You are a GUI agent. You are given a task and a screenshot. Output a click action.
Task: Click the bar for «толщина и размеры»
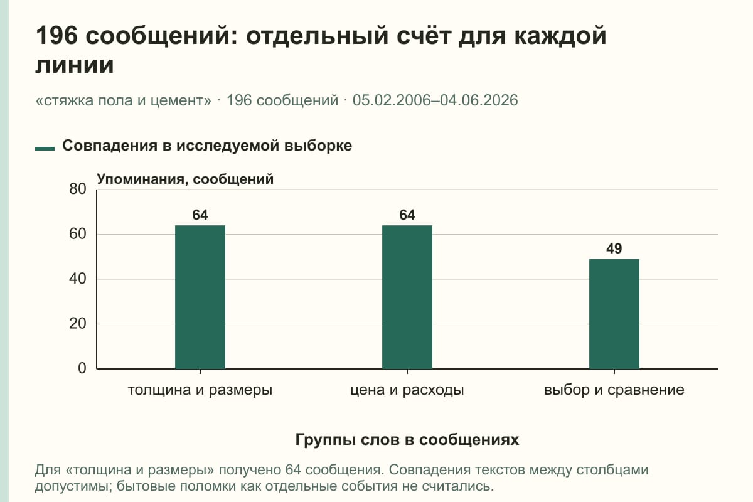[x=200, y=297]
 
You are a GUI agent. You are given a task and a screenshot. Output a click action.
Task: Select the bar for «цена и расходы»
[x=407, y=297]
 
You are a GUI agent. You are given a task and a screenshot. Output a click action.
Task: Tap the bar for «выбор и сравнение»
[x=614, y=314]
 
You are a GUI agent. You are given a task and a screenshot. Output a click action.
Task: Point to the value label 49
[x=614, y=249]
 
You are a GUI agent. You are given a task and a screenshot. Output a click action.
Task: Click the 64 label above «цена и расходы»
[x=407, y=215]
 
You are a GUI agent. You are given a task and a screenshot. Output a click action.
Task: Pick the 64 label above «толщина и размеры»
[x=200, y=215]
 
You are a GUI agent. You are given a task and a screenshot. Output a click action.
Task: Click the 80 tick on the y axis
[x=78, y=189]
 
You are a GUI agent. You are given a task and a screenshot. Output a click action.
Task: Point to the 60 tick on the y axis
[x=78, y=234]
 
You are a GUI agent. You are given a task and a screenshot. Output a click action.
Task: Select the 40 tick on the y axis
[x=78, y=279]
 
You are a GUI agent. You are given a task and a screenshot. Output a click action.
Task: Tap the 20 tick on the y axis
[x=78, y=324]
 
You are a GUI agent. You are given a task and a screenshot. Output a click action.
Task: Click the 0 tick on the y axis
[x=82, y=368]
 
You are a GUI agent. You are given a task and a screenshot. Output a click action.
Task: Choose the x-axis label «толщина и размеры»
[x=200, y=390]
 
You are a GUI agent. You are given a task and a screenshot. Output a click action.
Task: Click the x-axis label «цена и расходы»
[x=407, y=390]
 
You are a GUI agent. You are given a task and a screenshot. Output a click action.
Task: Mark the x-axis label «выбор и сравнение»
[x=614, y=390]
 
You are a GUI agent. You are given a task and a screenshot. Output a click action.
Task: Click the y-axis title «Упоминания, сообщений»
[x=185, y=179]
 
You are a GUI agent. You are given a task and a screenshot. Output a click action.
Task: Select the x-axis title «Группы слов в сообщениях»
[x=407, y=440]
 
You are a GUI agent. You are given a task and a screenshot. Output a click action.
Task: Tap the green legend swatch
[x=45, y=149]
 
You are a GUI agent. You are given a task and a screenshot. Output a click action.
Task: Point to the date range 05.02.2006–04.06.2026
[x=435, y=100]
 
